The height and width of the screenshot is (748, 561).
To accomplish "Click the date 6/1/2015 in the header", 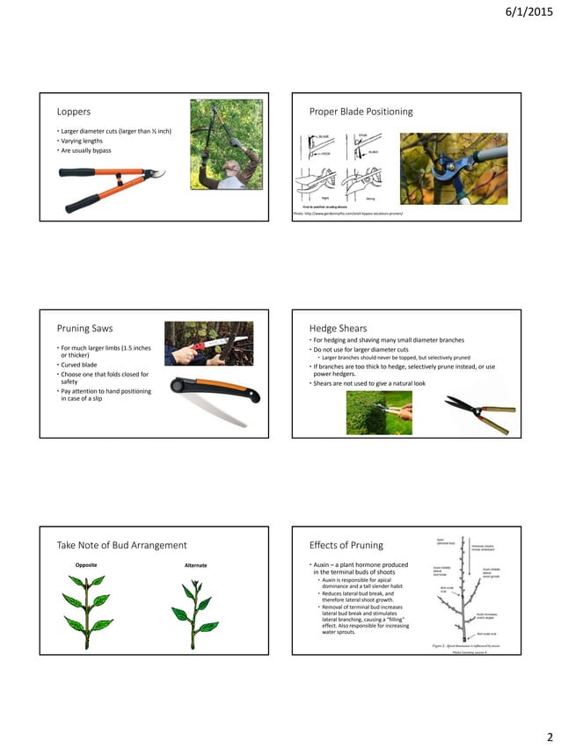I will pos(524,11).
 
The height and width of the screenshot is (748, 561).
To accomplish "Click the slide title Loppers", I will pos(74,112).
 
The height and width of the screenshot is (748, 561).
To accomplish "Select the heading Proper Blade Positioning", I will pos(361,112).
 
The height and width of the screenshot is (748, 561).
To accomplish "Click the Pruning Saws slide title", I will pos(85,328).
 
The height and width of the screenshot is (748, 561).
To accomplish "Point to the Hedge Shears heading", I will pos(338,327).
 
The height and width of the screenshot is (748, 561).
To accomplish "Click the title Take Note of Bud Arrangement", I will pos(121,545).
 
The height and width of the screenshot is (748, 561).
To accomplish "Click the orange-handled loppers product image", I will pos(114,189).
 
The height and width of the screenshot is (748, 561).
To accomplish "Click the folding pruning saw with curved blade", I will pos(210,396).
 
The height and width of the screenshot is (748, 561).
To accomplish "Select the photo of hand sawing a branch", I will pos(208,343).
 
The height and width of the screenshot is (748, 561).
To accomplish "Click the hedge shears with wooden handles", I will pos(478,413).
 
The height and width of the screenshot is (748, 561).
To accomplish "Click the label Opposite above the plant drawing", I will pos(86,565).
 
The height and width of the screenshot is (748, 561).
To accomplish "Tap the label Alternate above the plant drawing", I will pos(195,565).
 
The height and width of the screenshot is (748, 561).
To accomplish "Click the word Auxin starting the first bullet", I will pos(322,564).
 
